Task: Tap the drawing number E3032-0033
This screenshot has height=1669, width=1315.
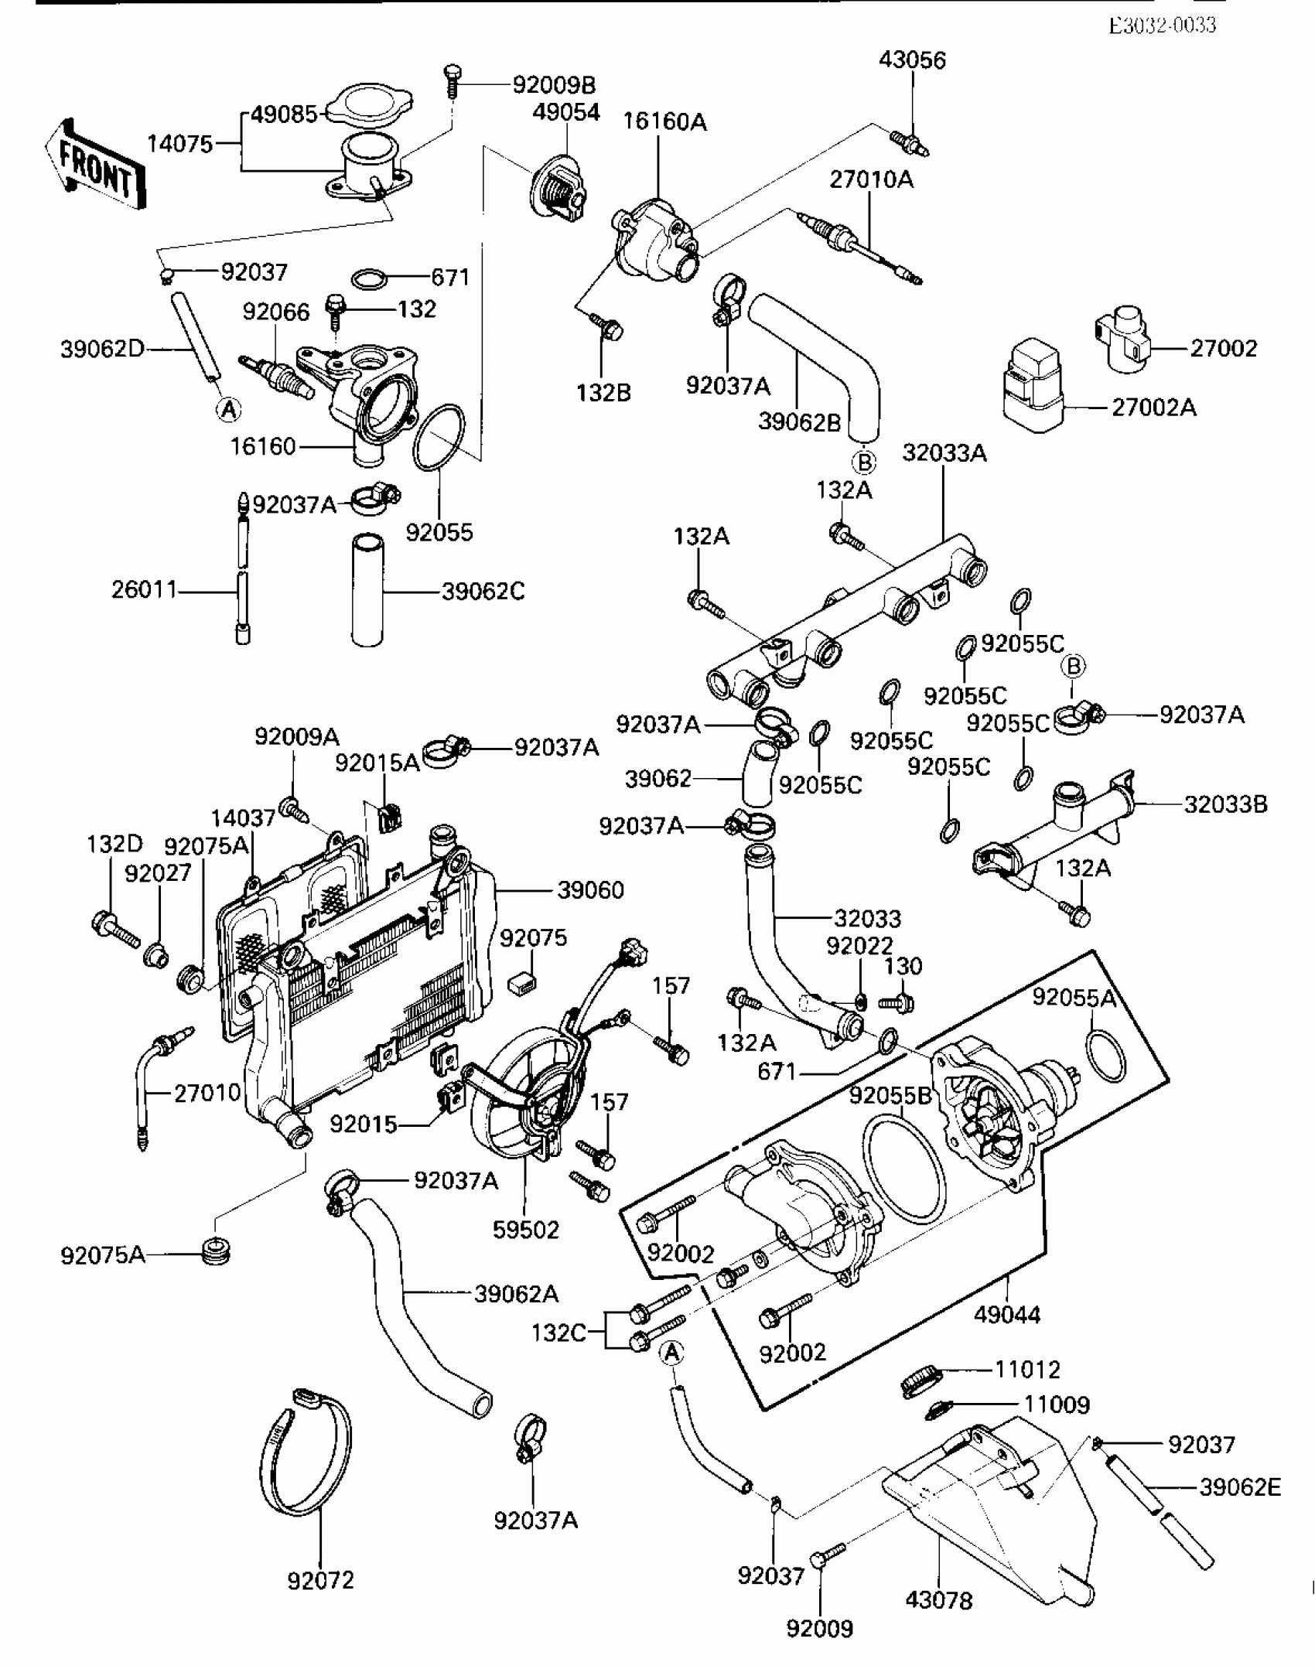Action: (1162, 26)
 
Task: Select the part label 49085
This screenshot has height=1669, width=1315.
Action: (285, 114)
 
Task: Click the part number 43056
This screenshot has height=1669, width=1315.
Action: (912, 60)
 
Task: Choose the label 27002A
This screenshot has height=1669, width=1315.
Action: (1153, 408)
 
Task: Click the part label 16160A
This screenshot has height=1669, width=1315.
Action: (665, 121)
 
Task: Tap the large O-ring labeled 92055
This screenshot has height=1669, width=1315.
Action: (439, 438)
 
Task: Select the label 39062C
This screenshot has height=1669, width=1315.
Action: (483, 592)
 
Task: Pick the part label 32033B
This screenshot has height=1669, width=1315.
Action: (1225, 804)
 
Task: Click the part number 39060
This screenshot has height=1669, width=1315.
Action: (590, 890)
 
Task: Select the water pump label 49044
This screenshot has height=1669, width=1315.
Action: (1007, 1314)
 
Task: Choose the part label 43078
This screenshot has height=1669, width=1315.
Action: (938, 1600)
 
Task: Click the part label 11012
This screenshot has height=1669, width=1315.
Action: (1027, 1370)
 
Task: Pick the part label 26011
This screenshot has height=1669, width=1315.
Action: (144, 591)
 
